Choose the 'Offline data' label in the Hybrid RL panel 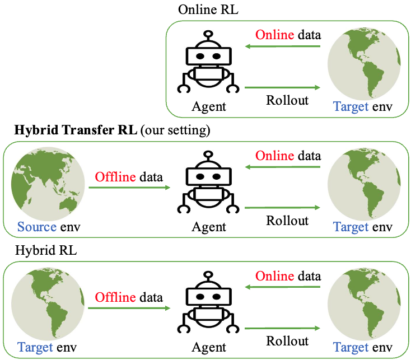[129, 297]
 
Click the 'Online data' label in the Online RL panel [288, 35]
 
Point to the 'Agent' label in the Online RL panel [209, 106]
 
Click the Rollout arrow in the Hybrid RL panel [282, 327]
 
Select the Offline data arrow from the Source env [129, 188]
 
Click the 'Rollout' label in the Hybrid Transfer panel [287, 220]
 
